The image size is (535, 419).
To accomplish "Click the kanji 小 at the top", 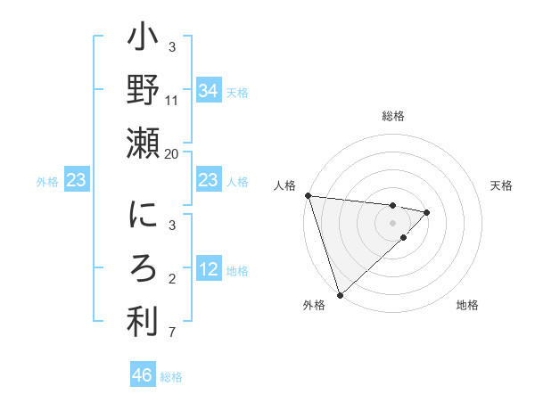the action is [x=144, y=39].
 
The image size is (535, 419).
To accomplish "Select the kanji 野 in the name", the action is [x=144, y=91].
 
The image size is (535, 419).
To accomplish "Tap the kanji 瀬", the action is [x=144, y=144].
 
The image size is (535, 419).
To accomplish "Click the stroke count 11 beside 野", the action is [x=172, y=101].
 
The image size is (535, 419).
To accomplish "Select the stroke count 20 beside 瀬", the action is [x=172, y=153].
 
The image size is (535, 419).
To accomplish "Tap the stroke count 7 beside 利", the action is [x=172, y=333].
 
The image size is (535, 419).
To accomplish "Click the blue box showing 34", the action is [x=208, y=91].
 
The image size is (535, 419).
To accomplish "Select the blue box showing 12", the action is [x=208, y=270].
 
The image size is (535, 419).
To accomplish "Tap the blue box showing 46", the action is [x=142, y=375].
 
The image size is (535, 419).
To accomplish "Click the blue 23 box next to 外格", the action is [x=77, y=181].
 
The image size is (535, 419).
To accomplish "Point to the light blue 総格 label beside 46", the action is [x=171, y=377].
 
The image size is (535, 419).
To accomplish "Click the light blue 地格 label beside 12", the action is [x=237, y=271].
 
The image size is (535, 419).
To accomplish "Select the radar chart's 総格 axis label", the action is [x=392, y=116].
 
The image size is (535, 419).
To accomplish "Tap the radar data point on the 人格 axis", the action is [x=308, y=195].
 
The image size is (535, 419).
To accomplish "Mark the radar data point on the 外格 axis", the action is [x=340, y=293].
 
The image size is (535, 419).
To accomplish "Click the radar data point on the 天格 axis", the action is [x=427, y=212].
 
